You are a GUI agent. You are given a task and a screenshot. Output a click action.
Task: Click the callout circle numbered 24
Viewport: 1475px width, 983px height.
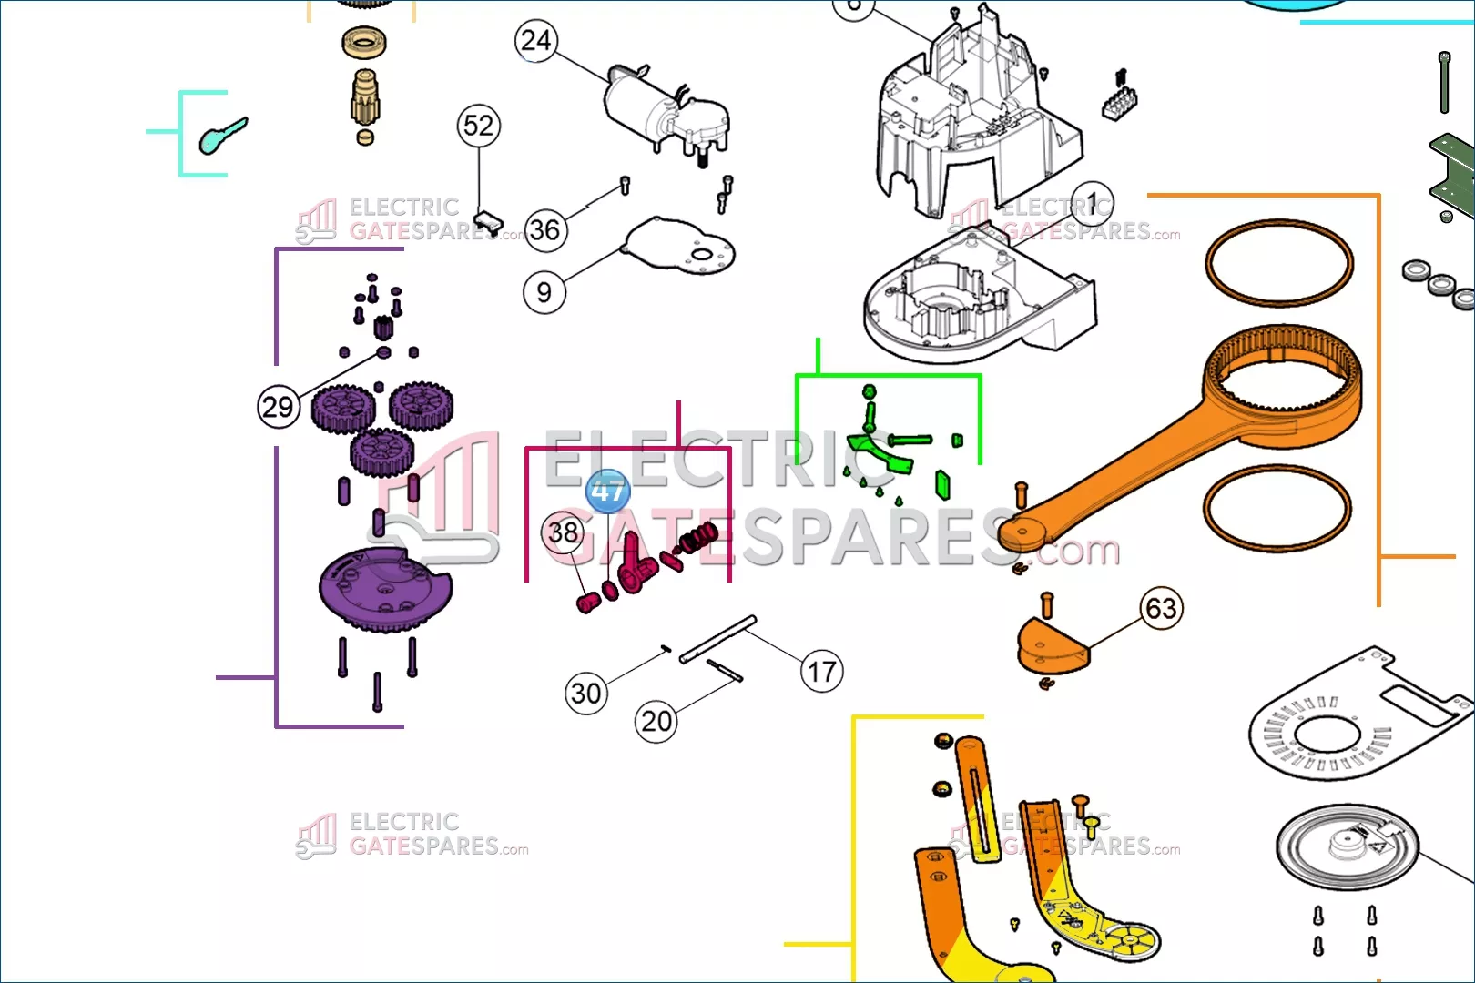tap(536, 41)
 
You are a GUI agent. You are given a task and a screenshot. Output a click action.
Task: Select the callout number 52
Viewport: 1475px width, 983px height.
tap(479, 126)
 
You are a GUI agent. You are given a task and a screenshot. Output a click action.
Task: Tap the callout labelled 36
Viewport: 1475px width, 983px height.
tap(545, 229)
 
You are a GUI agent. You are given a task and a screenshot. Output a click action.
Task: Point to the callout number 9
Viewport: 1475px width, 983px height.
tap(544, 292)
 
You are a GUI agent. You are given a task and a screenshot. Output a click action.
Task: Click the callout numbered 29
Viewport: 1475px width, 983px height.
tap(279, 406)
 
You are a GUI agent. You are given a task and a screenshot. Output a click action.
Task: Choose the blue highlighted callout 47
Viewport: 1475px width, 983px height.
tap(608, 491)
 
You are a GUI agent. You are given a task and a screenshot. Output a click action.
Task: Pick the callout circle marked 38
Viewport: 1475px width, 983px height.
tap(564, 532)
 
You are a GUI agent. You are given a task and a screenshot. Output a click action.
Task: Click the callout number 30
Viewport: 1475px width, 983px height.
tap(586, 694)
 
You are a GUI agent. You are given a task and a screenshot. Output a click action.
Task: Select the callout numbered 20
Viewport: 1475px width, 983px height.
tap(656, 722)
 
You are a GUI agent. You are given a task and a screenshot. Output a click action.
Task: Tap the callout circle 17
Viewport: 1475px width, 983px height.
tap(822, 672)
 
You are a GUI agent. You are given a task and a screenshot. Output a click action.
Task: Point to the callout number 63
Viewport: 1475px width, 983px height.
tap(1161, 607)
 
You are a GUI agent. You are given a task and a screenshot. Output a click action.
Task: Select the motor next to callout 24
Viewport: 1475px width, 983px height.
tap(665, 114)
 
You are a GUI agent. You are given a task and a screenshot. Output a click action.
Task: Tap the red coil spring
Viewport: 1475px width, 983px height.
tap(698, 540)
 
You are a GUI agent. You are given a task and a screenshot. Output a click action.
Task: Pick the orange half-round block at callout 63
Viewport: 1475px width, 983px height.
tap(1052, 645)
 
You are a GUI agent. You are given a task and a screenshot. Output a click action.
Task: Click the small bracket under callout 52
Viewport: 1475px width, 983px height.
tap(489, 219)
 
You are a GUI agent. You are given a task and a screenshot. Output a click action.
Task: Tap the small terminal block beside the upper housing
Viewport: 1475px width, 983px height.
tap(1119, 102)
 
